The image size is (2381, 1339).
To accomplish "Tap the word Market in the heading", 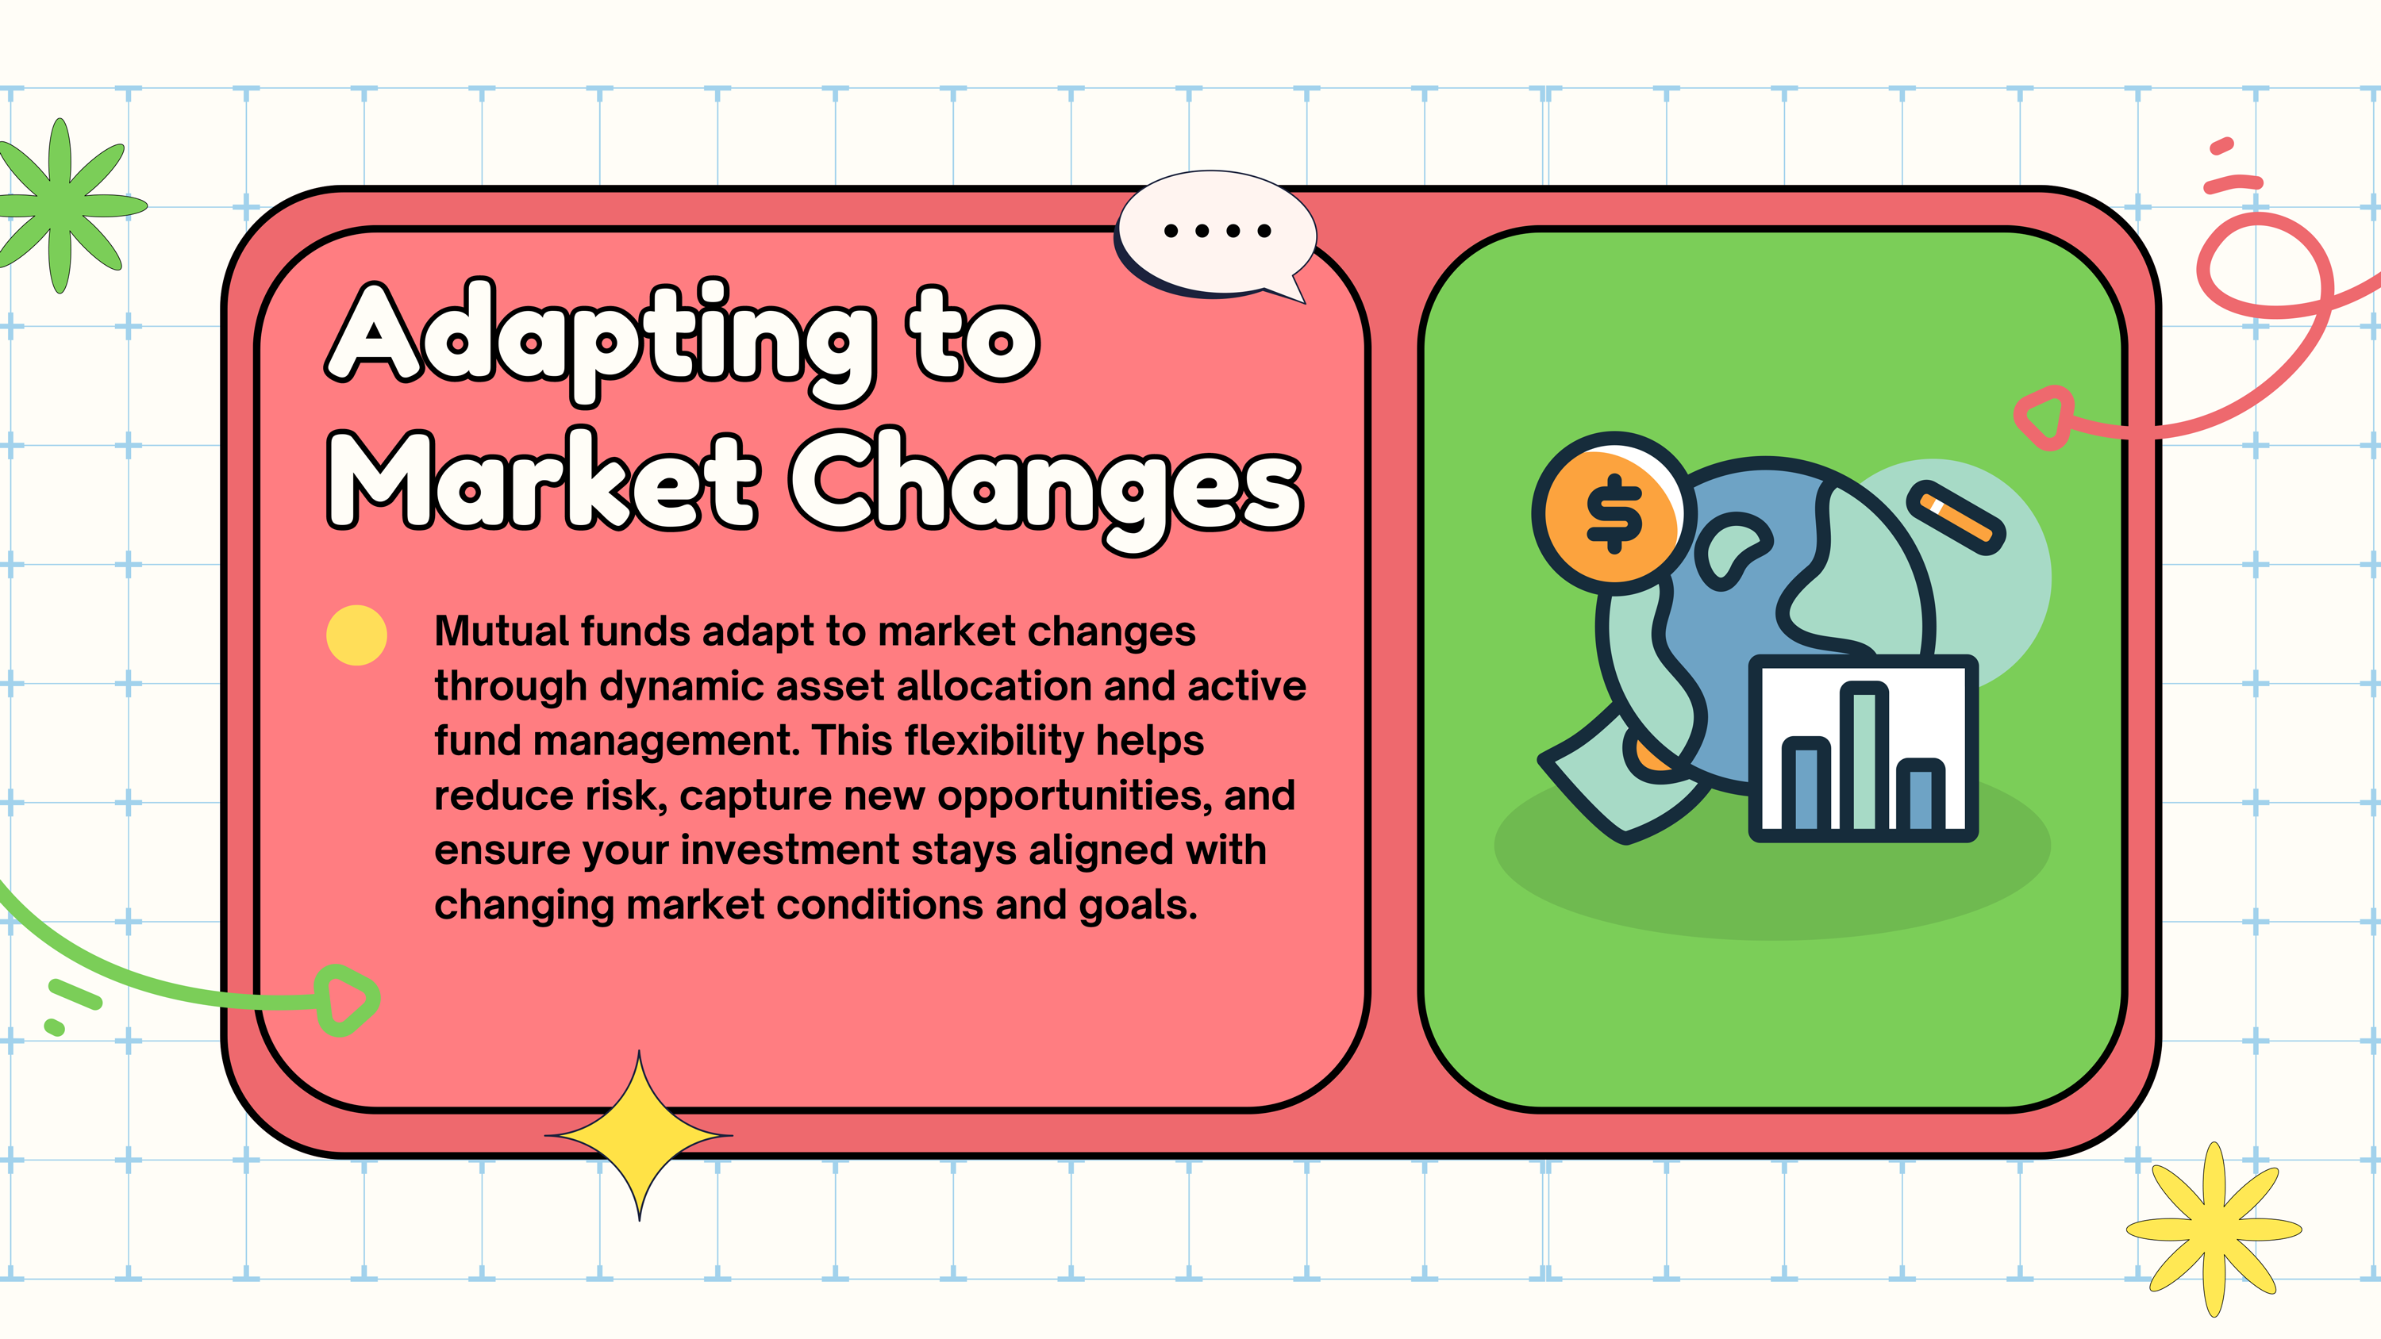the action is [543, 481].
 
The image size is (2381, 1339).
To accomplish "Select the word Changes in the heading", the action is [1046, 489].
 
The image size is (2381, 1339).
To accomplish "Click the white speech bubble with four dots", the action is [1215, 236].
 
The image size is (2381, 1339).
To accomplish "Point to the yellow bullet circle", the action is [357, 635].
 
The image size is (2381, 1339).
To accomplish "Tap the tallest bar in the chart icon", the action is [1864, 756].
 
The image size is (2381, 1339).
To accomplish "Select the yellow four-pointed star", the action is [639, 1135].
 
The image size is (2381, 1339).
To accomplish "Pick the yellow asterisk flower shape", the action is [2214, 1229].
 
